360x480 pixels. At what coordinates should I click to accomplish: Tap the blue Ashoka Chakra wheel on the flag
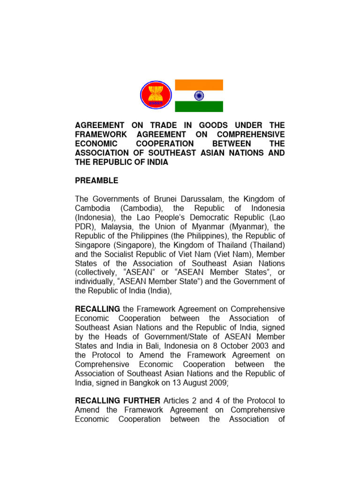[x=199, y=96]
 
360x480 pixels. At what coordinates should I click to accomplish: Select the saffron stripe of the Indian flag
[x=199, y=85]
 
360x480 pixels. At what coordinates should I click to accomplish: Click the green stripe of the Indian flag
[x=199, y=106]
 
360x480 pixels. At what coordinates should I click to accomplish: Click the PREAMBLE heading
[x=97, y=180]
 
